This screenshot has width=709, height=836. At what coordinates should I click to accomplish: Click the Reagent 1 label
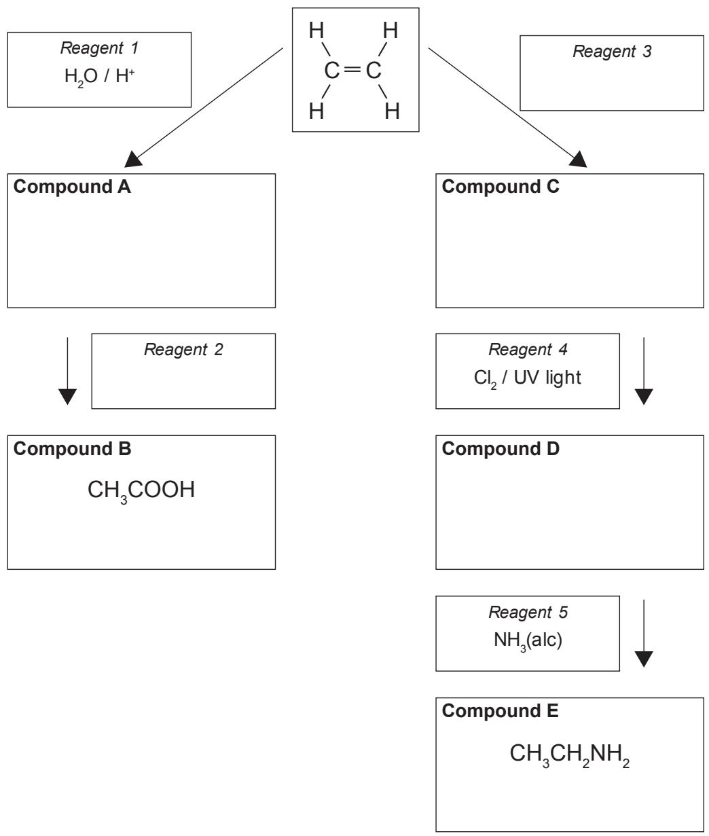coord(100,48)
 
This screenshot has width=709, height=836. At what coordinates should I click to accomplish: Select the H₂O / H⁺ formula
coord(100,77)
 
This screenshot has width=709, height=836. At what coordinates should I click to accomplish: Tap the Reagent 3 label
coord(612,52)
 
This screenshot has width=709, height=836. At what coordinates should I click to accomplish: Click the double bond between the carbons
coord(352,70)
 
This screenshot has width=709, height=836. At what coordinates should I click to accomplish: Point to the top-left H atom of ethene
coord(316,31)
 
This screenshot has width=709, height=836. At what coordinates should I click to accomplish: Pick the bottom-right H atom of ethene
coord(392,111)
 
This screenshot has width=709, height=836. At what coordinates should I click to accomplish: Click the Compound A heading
coord(72,187)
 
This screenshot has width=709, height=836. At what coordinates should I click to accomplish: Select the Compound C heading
coord(501,187)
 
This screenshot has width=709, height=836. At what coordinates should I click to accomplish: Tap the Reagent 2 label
coord(183,350)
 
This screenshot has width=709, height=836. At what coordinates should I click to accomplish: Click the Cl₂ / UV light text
coord(528,378)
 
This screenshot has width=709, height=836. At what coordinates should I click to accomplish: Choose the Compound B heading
coord(73,449)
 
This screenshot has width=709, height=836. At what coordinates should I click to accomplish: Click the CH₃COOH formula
coord(141,491)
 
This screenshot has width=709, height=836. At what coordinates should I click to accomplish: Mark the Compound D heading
coord(501,449)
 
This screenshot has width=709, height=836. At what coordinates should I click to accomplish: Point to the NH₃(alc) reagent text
coord(528,641)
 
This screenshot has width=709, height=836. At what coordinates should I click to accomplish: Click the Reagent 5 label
coord(528,613)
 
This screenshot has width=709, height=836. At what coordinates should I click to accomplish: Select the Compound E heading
coord(501,711)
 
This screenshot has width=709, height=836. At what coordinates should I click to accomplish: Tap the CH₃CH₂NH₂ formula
coord(570,755)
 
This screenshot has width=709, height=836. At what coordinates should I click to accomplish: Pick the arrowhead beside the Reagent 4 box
coord(644,397)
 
